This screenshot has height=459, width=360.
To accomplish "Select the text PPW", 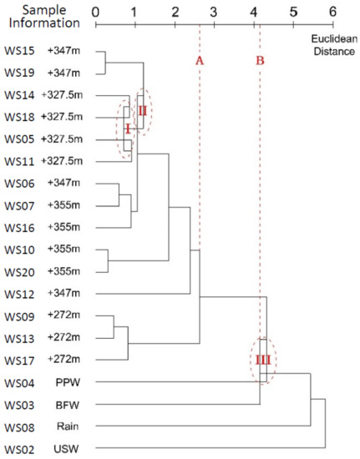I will coord(67,382).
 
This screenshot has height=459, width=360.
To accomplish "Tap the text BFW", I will coord(67,404).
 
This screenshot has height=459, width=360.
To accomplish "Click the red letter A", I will coord(200,61).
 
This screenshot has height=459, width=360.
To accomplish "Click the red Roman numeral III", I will coord(261,359).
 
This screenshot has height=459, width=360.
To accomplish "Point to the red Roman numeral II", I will coord(143,109).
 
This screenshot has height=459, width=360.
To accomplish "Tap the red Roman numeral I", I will coord(127,129).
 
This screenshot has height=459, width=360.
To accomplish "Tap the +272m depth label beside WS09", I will coord(65,317).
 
